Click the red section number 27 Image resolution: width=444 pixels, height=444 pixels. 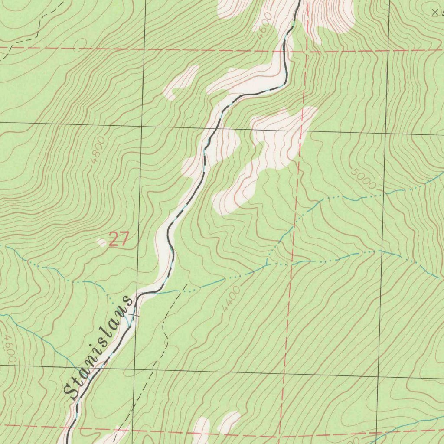[119, 239]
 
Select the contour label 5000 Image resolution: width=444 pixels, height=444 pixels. [363, 178]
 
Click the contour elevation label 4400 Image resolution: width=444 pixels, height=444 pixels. [231, 298]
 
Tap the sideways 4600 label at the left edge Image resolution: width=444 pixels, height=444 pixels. [8, 349]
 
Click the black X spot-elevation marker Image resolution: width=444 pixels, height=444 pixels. [435, 13]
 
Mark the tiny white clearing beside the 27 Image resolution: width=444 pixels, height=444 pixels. [102, 243]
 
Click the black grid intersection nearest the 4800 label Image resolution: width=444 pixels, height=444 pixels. [142, 126]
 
